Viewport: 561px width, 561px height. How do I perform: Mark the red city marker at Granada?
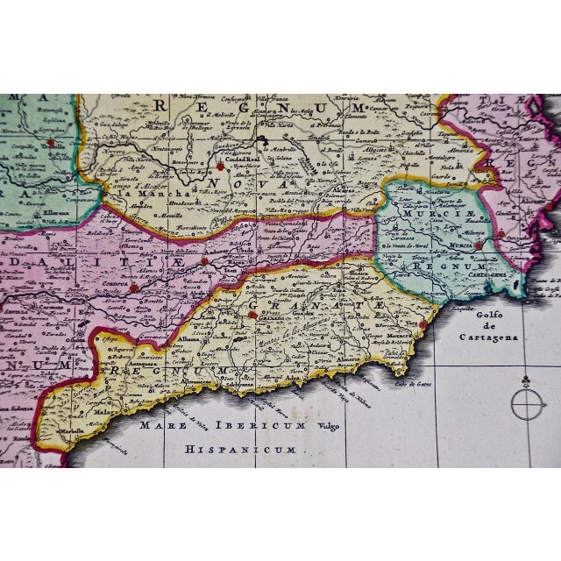[252, 315]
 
